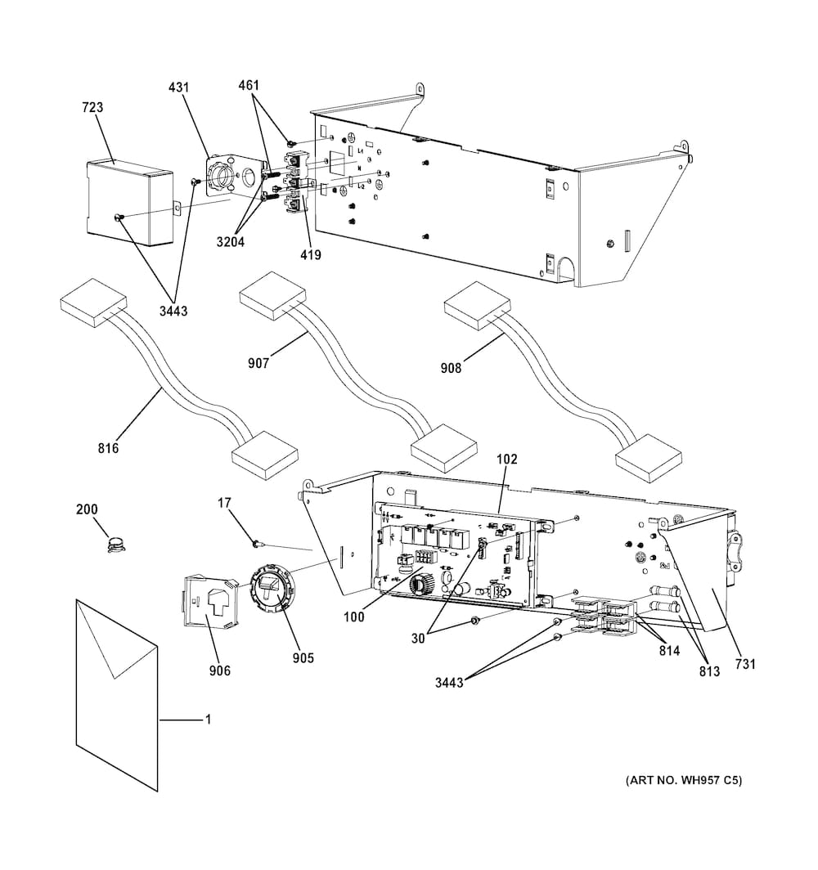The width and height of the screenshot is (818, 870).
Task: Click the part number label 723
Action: [92, 108]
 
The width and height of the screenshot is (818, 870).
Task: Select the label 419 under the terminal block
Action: [310, 255]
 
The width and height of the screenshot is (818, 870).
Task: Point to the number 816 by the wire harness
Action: [108, 448]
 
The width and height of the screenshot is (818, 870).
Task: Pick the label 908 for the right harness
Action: [451, 368]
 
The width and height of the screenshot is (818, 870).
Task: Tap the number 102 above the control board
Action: [507, 460]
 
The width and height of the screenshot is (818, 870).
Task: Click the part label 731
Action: [744, 664]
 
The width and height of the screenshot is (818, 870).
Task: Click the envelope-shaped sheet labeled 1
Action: [115, 695]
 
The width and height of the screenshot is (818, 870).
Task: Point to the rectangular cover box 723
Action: [128, 201]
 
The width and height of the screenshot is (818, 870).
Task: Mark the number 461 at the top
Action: [249, 85]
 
